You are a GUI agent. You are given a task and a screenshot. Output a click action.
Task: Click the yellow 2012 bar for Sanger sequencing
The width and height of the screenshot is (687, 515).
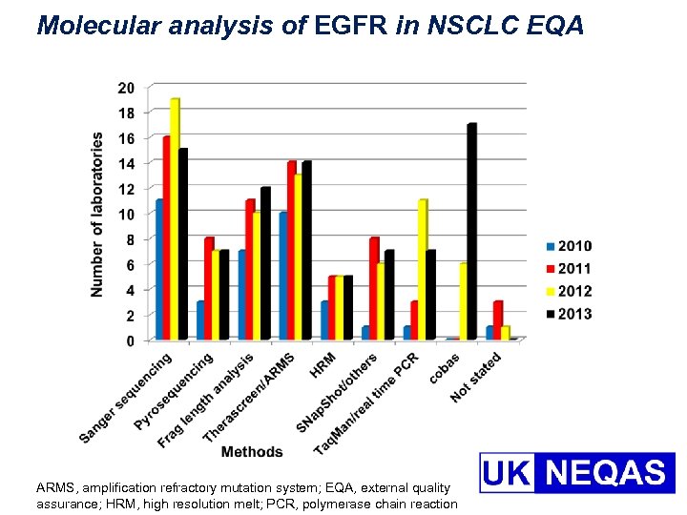coord(175,219)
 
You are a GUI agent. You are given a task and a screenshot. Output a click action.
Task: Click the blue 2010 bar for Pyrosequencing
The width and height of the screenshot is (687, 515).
coord(201,320)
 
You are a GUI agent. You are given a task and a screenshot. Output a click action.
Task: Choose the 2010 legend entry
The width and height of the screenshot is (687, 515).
coord(569,246)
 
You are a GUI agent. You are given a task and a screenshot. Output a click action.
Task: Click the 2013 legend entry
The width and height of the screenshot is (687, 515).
coord(569,314)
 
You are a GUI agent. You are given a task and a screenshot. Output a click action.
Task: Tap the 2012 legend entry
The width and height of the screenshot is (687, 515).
coord(569,291)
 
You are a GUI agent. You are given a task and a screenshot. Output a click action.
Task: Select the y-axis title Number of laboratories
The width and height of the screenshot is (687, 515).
coord(97,214)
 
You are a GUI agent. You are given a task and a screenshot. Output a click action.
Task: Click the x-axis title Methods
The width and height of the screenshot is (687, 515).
coord(252,451)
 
